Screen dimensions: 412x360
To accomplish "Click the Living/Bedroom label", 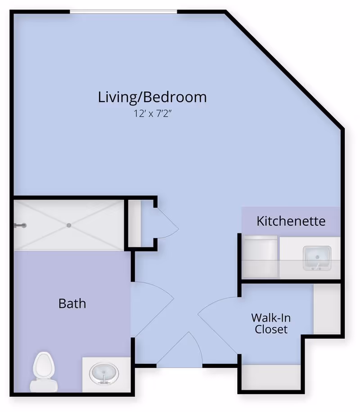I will pos(153,97).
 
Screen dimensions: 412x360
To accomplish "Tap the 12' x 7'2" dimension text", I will pos(153,113).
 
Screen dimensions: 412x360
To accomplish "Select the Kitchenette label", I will pos(291,221).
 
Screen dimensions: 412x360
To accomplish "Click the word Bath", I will pos(72,303).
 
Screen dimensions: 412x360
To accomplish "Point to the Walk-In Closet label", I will pos(271,323).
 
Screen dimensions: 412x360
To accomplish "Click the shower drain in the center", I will pos(69,225).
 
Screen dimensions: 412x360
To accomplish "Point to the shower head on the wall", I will pos(21,225).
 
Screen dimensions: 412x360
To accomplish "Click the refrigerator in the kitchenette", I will pos(260,256).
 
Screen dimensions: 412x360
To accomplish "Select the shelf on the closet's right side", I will pos(326,309).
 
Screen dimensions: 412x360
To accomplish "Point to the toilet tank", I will pos(43,385).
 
